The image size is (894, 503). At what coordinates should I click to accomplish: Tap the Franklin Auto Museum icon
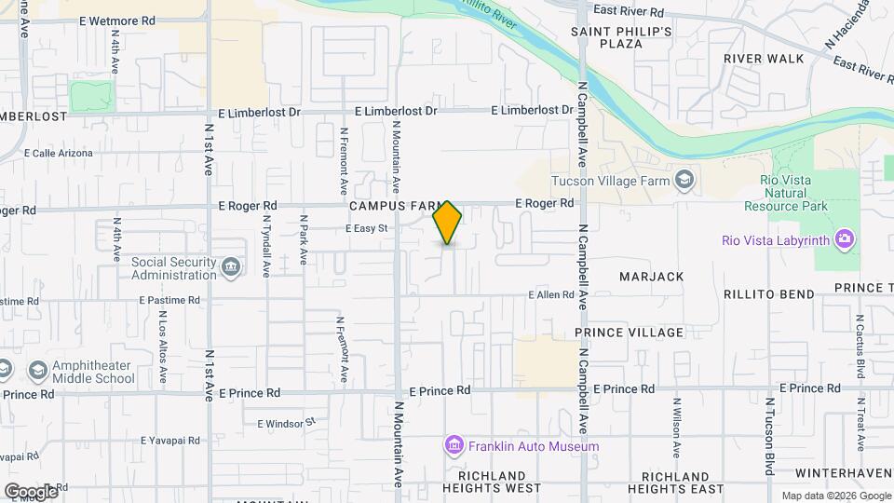[454, 446]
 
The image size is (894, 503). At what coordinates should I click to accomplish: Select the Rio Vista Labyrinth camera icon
[844, 240]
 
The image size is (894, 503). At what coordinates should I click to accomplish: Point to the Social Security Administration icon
[230, 268]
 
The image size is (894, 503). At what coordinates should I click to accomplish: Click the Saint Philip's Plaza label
[621, 37]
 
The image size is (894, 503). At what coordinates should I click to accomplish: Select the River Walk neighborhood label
[764, 59]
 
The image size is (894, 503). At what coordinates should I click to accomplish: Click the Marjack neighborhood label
[652, 277]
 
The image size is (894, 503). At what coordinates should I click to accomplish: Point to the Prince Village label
[629, 333]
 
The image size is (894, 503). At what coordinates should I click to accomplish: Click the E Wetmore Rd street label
[117, 20]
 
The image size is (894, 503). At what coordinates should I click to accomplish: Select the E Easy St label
[366, 227]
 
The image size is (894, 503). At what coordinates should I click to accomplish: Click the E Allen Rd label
[550, 295]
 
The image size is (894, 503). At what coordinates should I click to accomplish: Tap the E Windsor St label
[287, 423]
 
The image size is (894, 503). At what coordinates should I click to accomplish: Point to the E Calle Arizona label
[59, 153]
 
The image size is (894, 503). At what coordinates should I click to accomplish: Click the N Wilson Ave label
[677, 428]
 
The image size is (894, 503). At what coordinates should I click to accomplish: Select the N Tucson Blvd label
[769, 437]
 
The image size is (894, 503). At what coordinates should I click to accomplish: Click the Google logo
[31, 491]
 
